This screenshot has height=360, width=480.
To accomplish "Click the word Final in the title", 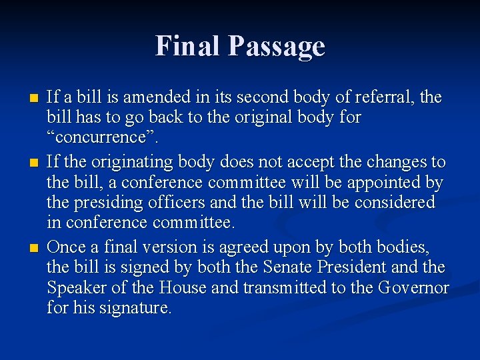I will click(x=188, y=46).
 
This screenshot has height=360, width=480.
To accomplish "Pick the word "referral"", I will click(x=381, y=97).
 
